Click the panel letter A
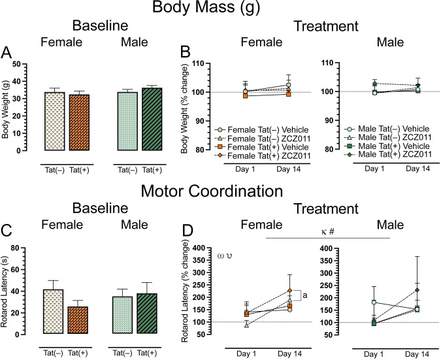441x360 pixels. [x=8, y=53]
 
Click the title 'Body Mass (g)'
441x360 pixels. [x=220, y=9]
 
